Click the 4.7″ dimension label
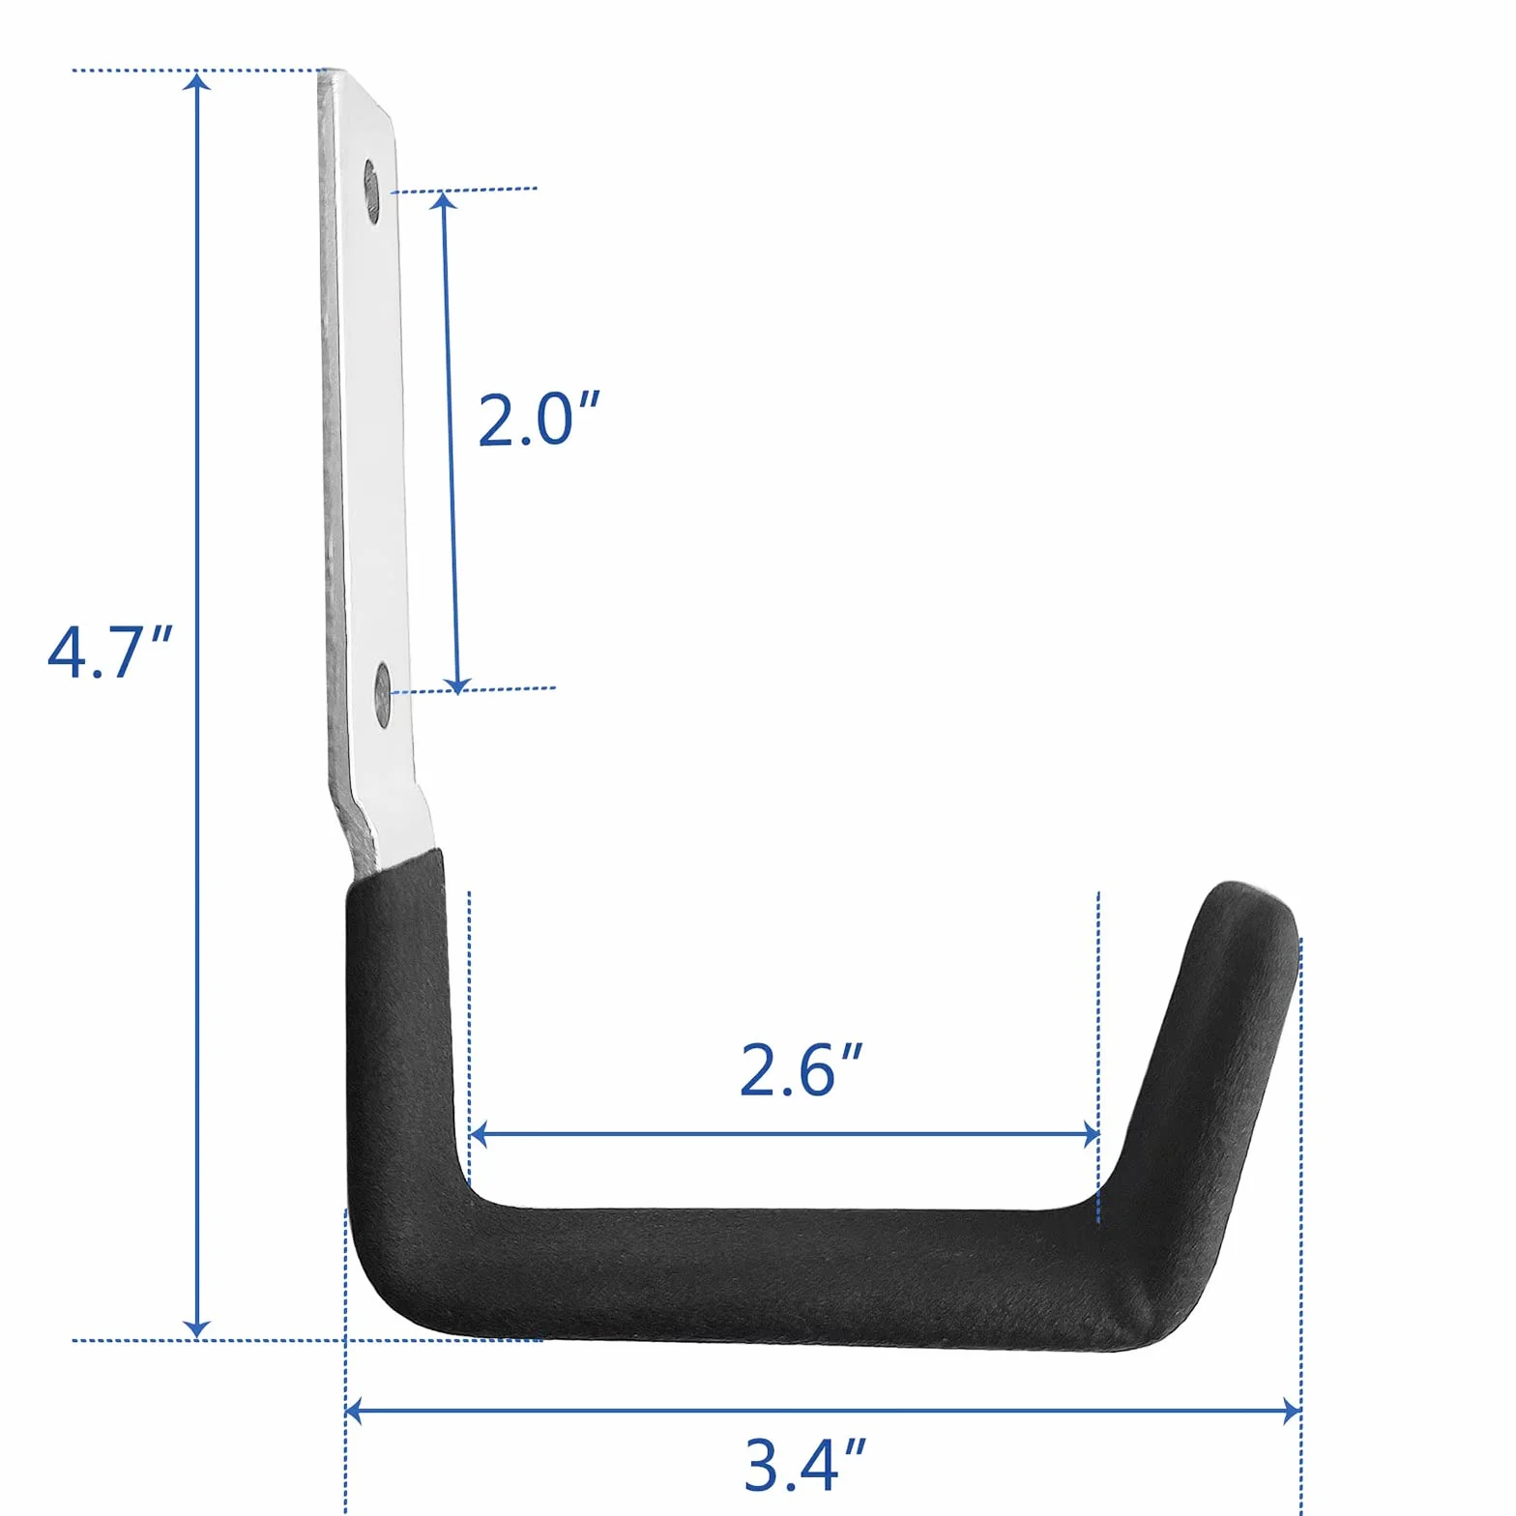(x=109, y=653)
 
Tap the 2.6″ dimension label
(x=801, y=1070)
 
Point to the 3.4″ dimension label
(x=804, y=1465)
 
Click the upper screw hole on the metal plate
(x=372, y=191)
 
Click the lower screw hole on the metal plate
(x=383, y=694)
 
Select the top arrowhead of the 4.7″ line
(x=197, y=81)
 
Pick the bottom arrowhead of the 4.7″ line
(x=197, y=1328)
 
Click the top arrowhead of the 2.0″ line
(x=443, y=201)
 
